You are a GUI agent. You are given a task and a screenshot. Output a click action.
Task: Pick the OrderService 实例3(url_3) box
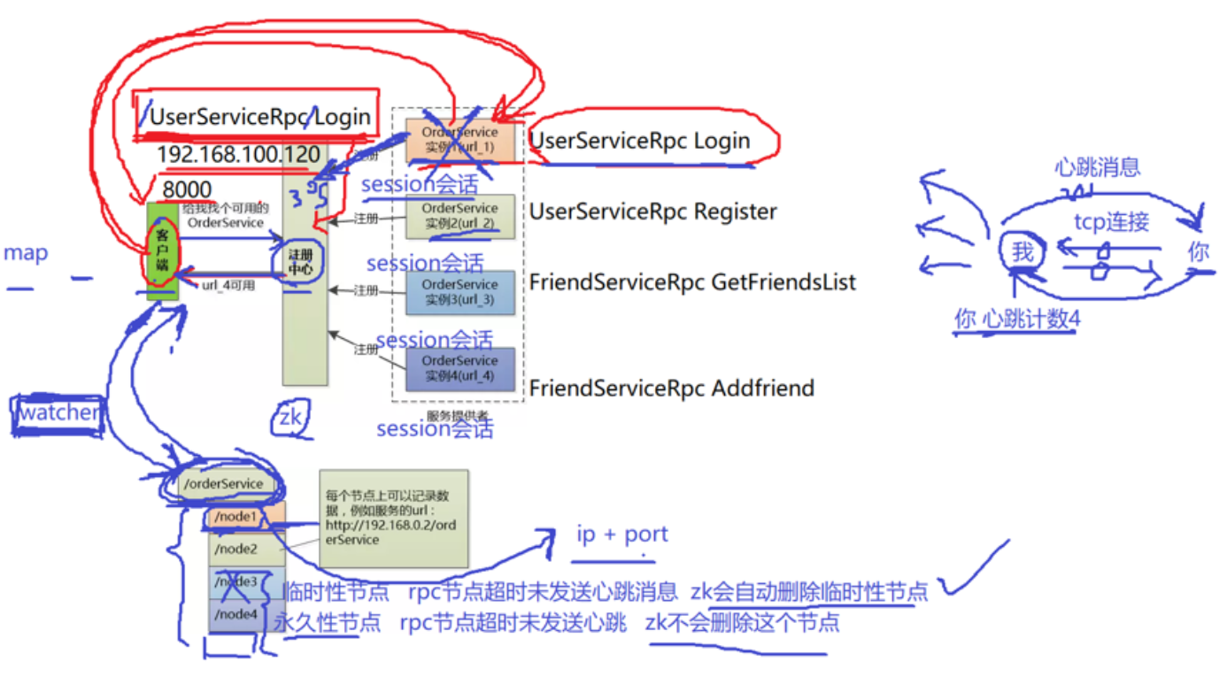point(459,292)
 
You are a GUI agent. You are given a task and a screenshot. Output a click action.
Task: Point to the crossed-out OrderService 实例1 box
point(459,140)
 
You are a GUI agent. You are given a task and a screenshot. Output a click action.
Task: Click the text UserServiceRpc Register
point(652,212)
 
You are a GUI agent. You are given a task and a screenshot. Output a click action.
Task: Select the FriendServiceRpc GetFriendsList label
point(692,282)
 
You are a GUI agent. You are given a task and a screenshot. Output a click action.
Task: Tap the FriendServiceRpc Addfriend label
point(671,388)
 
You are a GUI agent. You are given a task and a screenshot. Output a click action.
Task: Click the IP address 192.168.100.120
point(238,155)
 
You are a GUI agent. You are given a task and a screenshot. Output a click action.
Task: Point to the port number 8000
point(187,189)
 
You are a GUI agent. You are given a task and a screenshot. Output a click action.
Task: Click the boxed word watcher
point(59,412)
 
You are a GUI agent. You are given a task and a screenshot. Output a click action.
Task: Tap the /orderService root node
point(222,483)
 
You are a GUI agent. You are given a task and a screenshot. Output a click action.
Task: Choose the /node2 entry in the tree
point(237,549)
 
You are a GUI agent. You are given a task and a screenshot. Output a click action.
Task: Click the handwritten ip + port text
point(621,535)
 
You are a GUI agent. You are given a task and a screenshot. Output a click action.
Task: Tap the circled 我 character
point(1022,253)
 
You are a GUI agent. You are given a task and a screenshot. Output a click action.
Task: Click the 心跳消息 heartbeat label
point(1097,166)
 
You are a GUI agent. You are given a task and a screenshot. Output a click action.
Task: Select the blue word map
point(26,253)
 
